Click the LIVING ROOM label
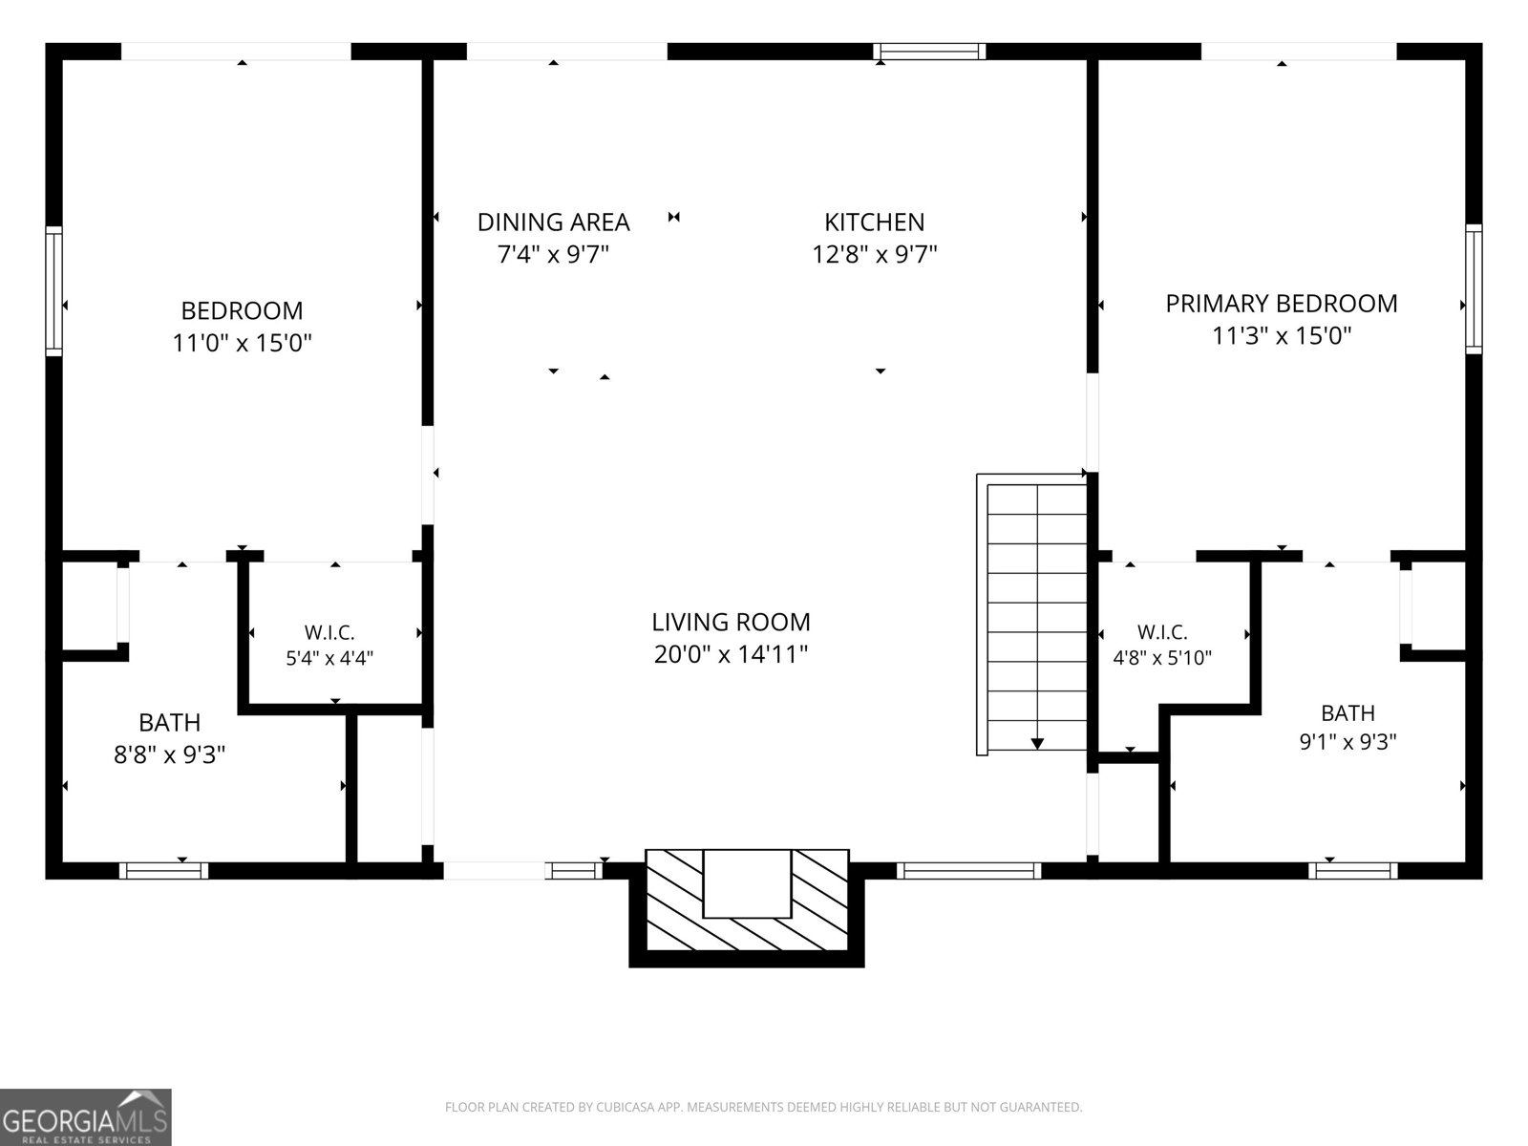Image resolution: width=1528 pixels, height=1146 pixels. coord(731,622)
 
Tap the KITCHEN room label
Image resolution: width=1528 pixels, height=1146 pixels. coord(875,223)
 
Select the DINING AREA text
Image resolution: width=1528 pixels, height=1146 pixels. coord(553,223)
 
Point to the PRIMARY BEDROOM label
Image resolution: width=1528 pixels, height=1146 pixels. coord(1282,304)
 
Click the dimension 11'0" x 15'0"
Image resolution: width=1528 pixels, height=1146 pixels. coord(243,343)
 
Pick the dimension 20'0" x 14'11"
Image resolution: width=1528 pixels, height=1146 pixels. coord(731,655)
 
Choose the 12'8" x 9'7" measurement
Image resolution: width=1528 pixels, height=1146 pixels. coord(875,255)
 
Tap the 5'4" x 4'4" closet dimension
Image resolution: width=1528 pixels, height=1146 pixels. coord(330,658)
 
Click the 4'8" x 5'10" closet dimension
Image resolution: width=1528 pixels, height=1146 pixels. coord(1162,658)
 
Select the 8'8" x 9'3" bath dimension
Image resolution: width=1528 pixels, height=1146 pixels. coord(170,754)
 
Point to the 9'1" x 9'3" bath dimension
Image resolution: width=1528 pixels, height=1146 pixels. coord(1348,742)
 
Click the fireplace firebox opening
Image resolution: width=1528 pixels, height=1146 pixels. coord(747,883)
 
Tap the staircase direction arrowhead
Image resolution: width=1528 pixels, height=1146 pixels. coord(1037,743)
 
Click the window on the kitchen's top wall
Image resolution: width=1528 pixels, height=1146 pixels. coord(929,52)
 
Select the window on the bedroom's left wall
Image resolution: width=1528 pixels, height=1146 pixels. coord(53,291)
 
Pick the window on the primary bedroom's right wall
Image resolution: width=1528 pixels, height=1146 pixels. coord(1473,288)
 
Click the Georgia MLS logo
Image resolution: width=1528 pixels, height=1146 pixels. coord(86,1116)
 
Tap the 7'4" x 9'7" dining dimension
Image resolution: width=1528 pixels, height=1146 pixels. coord(553,255)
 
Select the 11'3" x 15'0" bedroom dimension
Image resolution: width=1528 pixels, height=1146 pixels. coord(1282,336)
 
